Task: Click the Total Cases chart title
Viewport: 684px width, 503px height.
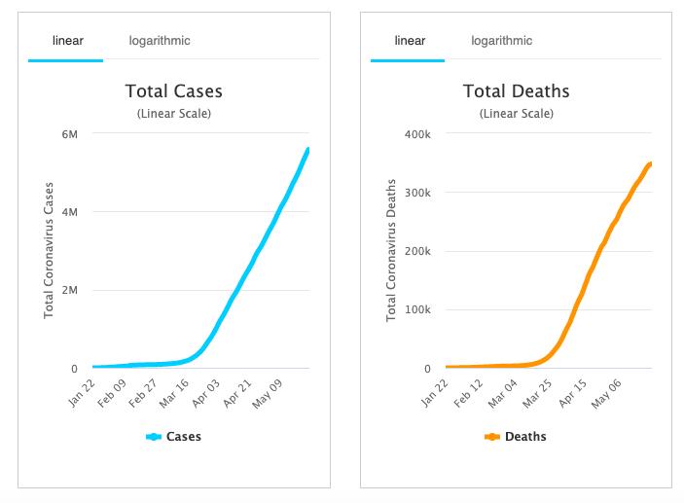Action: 173,91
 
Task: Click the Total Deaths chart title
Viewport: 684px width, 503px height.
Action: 516,91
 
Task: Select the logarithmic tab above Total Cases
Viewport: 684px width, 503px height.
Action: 160,41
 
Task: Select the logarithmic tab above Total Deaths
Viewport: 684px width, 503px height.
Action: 502,41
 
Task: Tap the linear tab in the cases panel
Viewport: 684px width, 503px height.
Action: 65,41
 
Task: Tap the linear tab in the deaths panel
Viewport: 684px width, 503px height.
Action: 409,41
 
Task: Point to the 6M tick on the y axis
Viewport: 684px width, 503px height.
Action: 69,133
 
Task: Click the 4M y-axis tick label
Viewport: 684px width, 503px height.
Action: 69,212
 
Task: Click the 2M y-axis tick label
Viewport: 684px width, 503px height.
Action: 69,291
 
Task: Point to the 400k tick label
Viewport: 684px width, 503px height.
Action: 416,133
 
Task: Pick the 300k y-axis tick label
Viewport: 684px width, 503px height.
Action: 416,192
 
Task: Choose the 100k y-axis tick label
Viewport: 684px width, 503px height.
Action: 416,310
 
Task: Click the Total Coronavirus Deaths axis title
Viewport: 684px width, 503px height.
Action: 392,250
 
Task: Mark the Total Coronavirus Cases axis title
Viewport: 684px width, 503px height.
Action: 49,250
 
